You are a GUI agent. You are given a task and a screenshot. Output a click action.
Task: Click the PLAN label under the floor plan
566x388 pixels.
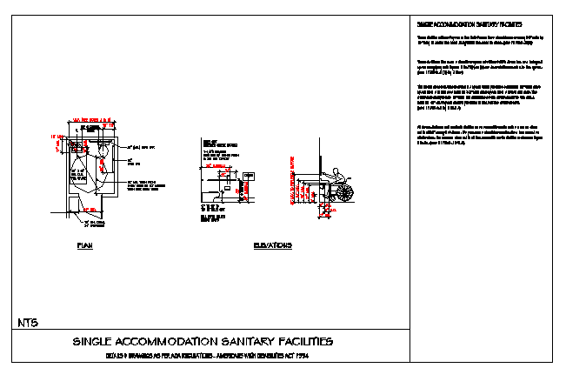84,246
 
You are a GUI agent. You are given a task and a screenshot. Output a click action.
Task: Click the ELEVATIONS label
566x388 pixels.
272,246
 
